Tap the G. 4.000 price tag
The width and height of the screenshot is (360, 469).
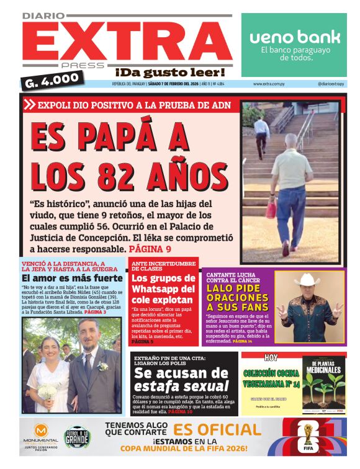coord(52,79)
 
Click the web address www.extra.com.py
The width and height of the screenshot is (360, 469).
coord(269,84)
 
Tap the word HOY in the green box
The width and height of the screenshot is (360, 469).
coord(271,358)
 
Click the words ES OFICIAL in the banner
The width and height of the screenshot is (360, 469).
coord(217,430)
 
